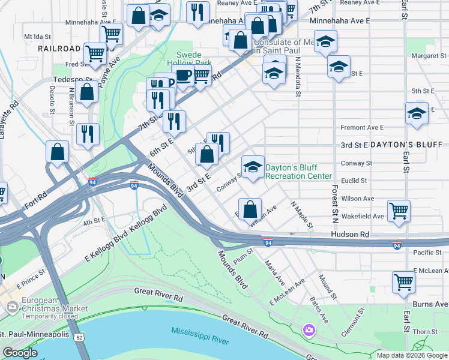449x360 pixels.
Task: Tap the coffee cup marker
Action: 184,76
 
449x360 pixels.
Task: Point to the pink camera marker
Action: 309,329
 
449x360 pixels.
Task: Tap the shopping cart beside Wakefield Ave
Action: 399,211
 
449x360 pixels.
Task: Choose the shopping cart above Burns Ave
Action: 403,281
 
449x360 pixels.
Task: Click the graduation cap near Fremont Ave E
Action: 417,113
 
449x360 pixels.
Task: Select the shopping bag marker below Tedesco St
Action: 87,92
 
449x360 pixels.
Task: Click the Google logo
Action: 19,353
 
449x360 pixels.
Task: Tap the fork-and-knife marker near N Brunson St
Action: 88,134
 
